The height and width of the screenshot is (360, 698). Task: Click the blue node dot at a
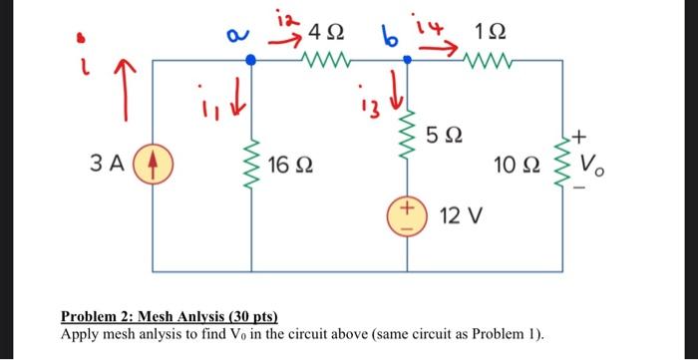tap(251, 61)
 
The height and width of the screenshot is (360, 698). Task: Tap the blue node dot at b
tap(407, 61)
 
